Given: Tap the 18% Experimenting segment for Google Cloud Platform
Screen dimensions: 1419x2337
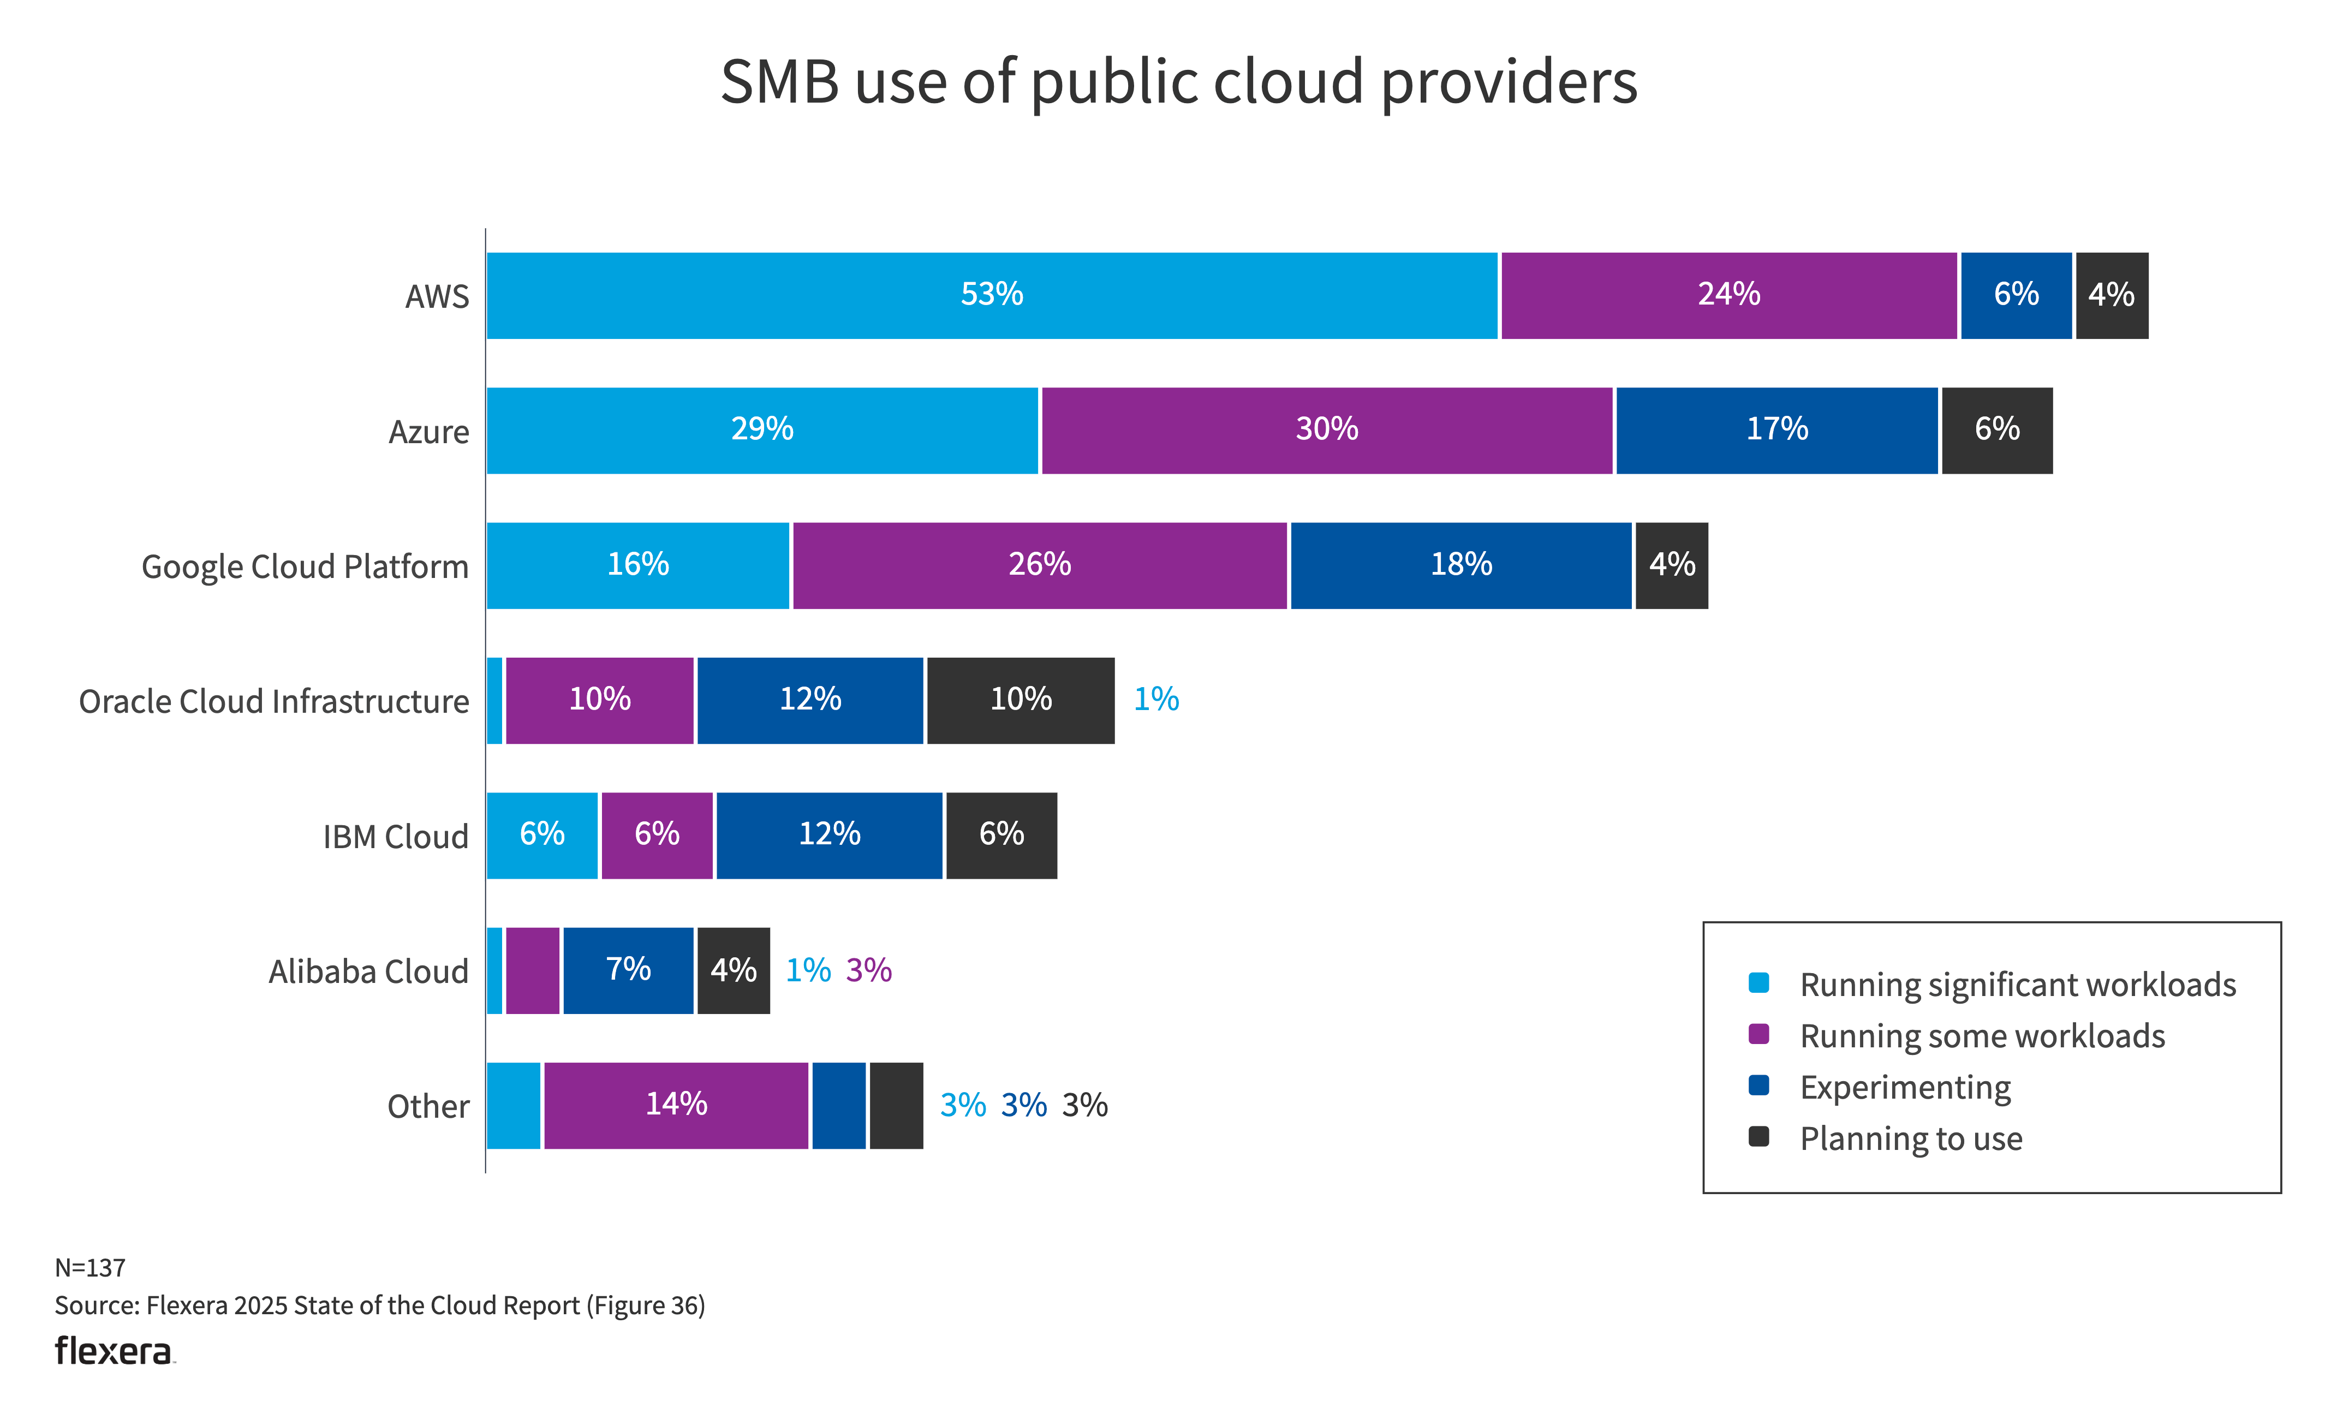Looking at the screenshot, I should (1460, 565).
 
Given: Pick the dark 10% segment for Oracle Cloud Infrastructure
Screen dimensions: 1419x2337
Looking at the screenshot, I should (1021, 700).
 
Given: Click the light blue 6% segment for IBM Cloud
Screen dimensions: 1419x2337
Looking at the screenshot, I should (541, 834).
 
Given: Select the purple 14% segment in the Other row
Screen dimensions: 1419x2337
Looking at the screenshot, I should (676, 1105).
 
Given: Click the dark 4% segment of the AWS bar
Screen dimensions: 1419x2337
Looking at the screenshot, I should (2111, 295).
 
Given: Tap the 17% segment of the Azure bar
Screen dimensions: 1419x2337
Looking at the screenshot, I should (1776, 430).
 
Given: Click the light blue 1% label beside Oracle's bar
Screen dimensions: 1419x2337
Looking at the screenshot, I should (1156, 700).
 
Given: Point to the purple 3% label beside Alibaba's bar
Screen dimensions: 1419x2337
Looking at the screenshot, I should (869, 970).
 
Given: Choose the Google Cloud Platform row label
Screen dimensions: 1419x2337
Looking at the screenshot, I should (305, 567).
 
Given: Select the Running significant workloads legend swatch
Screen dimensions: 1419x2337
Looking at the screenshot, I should (1758, 983).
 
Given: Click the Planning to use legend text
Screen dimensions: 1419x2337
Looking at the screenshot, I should (1911, 1138).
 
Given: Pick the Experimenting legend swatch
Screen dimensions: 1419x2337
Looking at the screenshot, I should (1758, 1085).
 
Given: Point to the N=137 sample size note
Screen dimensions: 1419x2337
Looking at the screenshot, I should (90, 1267).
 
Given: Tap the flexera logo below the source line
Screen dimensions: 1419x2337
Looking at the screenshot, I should (114, 1351).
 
